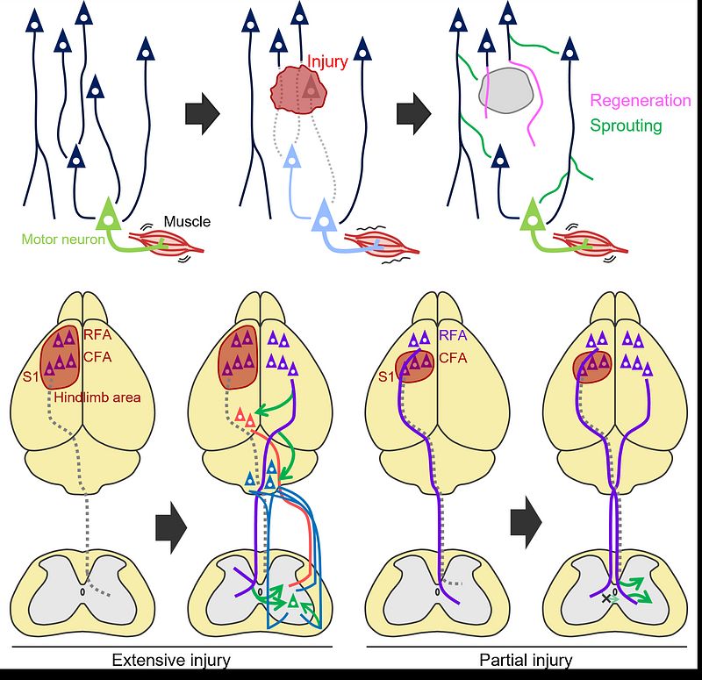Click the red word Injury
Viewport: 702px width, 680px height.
tap(327, 61)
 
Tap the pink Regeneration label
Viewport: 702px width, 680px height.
tap(641, 101)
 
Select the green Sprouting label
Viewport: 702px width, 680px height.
tap(626, 125)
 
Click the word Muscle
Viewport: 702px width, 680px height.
tap(187, 222)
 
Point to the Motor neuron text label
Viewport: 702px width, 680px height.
tap(63, 239)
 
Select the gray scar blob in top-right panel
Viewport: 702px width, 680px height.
tap(507, 91)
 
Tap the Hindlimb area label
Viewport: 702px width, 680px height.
tap(97, 397)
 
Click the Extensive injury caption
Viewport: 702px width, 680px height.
tap(171, 661)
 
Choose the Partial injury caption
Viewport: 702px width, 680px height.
tap(526, 661)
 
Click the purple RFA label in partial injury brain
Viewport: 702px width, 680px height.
tap(453, 335)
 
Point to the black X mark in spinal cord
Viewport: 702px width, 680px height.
tap(606, 598)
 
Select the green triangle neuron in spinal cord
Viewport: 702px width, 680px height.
tap(293, 601)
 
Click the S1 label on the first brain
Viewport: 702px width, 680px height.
tap(31, 377)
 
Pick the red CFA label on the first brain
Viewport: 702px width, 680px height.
tap(97, 357)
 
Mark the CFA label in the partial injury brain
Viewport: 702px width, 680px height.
tap(453, 358)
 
